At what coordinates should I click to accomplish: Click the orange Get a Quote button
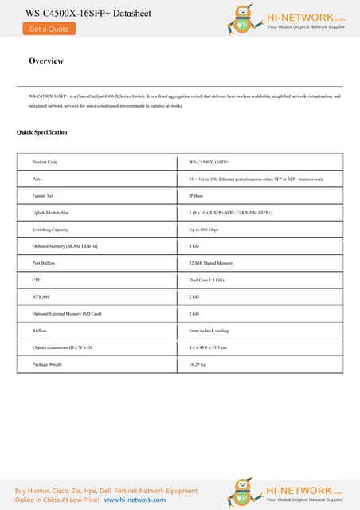(49, 29)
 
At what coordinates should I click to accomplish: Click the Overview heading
(46, 61)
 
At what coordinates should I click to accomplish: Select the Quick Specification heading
(42, 132)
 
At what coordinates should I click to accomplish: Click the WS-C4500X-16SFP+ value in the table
(209, 162)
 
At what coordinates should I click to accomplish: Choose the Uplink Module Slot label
(50, 214)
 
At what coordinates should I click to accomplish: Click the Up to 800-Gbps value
(203, 230)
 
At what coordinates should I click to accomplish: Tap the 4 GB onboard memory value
(194, 247)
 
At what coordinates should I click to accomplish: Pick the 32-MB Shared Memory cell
(210, 263)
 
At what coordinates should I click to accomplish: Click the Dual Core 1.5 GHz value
(206, 280)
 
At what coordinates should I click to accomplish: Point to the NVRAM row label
(41, 296)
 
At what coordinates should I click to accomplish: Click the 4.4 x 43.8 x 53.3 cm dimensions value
(208, 347)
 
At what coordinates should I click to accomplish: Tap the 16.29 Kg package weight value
(198, 364)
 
